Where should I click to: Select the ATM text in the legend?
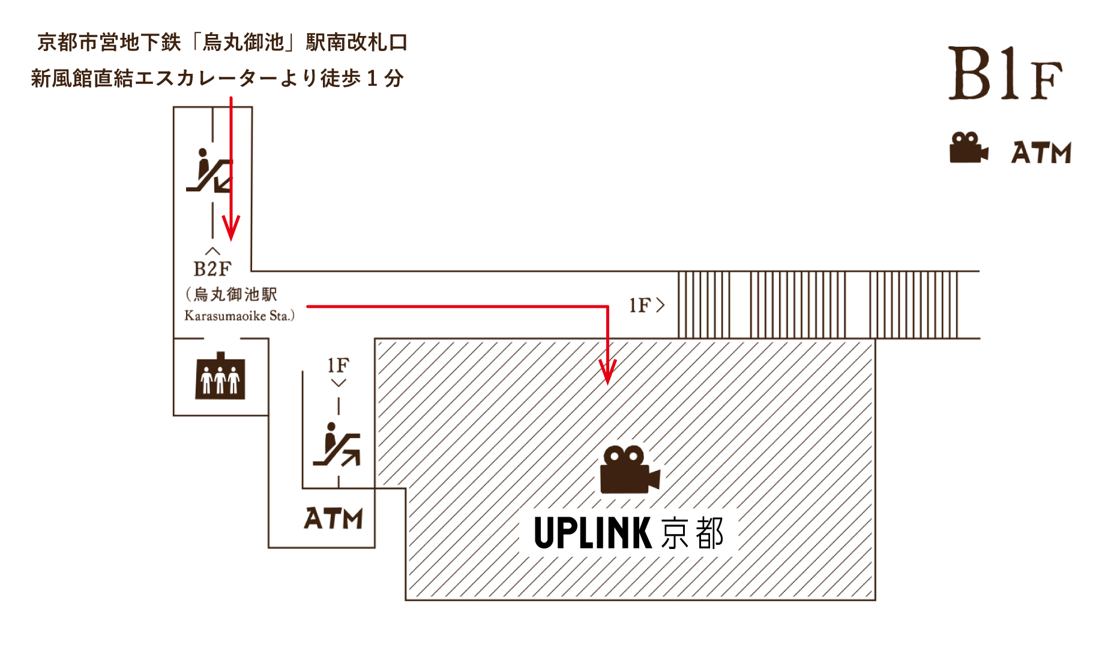click(x=1041, y=152)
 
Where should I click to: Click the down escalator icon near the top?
click(x=208, y=171)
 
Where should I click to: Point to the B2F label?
click(x=212, y=269)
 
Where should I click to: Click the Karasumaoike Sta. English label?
click(x=239, y=316)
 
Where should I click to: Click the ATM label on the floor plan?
click(x=333, y=518)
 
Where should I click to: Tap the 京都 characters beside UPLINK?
click(x=693, y=533)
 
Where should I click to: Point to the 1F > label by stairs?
click(x=646, y=305)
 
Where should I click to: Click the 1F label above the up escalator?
click(x=338, y=365)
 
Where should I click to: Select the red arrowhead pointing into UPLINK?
click(x=607, y=373)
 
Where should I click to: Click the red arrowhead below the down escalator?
click(x=231, y=228)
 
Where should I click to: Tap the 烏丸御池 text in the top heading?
click(x=243, y=43)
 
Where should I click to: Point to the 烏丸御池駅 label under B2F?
click(x=235, y=295)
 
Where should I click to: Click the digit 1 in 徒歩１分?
click(x=372, y=79)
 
